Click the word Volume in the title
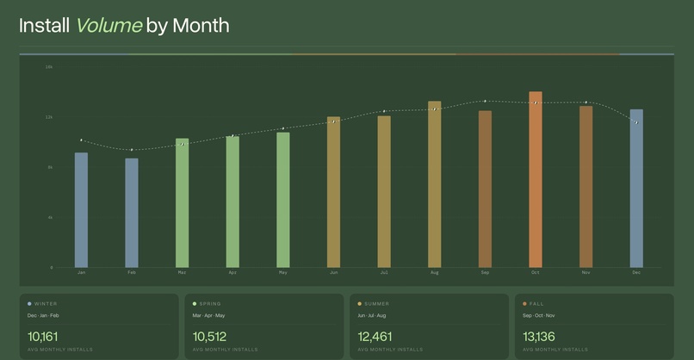[108, 25]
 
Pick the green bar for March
[182, 202]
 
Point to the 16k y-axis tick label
[49, 66]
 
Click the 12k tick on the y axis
[49, 117]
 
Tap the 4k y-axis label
[50, 218]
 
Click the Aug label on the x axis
[435, 273]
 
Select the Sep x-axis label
[485, 273]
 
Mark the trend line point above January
[81, 140]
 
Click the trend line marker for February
[132, 150]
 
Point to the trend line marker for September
[485, 102]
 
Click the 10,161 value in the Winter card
[43, 336]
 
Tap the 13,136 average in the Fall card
[539, 336]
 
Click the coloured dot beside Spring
[195, 304]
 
